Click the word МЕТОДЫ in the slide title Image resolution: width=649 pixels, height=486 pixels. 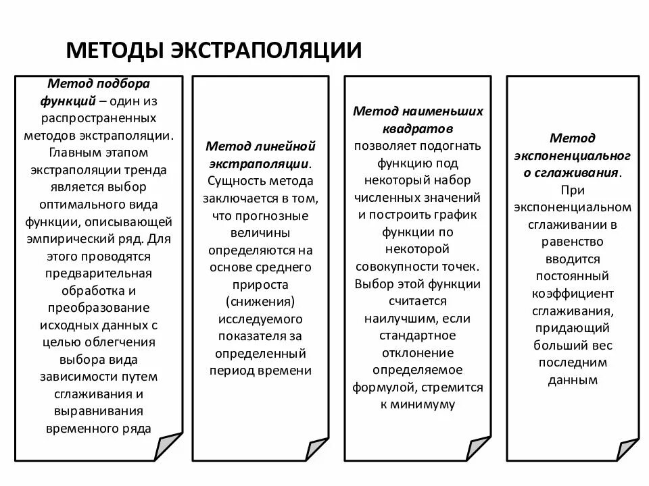tap(113, 50)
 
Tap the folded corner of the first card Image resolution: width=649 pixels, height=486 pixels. tap(169, 446)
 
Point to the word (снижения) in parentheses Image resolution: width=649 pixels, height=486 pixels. tap(261, 300)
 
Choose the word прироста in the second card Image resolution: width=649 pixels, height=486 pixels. tap(261, 283)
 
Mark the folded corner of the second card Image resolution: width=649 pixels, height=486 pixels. tap(316, 450)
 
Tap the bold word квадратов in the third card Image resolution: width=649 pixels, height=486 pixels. tap(417, 128)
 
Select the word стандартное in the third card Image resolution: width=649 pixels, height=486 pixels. tap(417, 335)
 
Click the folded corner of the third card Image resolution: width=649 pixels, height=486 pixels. tap(478, 448)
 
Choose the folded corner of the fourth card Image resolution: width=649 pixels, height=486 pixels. tap(627, 448)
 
